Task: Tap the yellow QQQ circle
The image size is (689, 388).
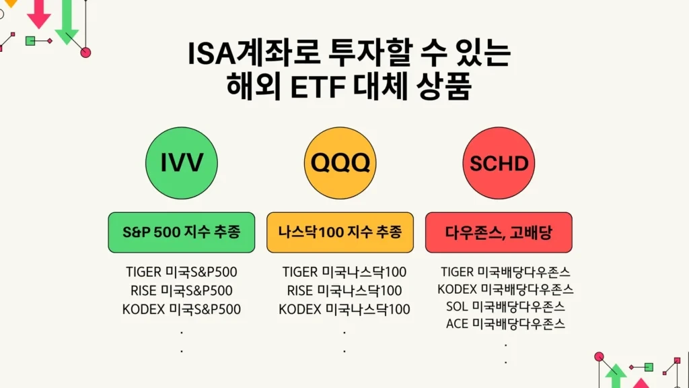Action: pyautogui.click(x=340, y=162)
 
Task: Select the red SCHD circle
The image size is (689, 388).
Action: pyautogui.click(x=499, y=162)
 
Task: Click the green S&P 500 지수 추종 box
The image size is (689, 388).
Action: pyautogui.click(x=182, y=232)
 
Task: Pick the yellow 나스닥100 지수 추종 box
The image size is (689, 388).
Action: pyautogui.click(x=340, y=232)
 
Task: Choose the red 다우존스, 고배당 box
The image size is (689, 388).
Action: pyautogui.click(x=499, y=232)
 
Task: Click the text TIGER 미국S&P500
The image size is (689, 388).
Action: pyautogui.click(x=182, y=272)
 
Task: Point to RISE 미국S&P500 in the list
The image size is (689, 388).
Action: pyautogui.click(x=182, y=291)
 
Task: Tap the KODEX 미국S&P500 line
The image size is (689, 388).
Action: pyautogui.click(x=182, y=309)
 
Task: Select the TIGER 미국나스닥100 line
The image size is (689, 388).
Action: pyautogui.click(x=344, y=272)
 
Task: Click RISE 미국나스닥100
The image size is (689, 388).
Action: pyautogui.click(x=344, y=291)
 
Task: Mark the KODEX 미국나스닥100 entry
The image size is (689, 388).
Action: pyautogui.click(x=344, y=309)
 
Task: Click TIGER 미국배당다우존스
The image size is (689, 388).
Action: pyautogui.click(x=505, y=272)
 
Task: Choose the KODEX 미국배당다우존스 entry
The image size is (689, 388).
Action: pyautogui.click(x=505, y=290)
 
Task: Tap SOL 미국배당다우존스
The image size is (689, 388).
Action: pyautogui.click(x=505, y=306)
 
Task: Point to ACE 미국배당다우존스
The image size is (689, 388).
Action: pyautogui.click(x=505, y=323)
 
